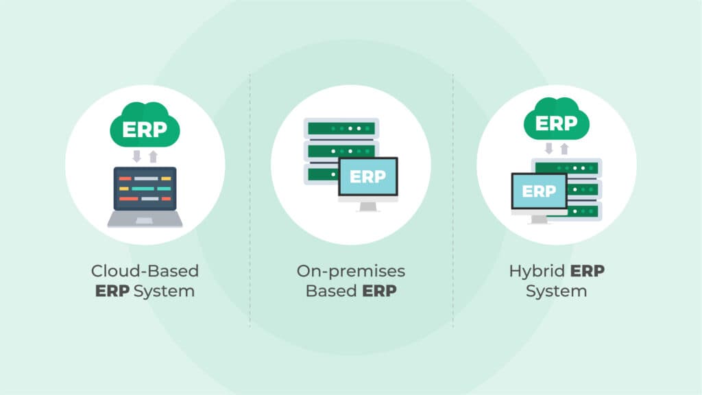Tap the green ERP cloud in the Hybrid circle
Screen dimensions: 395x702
pos(556,123)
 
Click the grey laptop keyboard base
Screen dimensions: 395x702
pos(145,219)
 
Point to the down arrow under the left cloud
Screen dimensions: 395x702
pos(136,156)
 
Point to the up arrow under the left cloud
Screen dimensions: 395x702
pos(153,156)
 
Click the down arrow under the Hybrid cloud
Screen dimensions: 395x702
pos(548,149)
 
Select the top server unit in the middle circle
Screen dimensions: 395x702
pos(341,128)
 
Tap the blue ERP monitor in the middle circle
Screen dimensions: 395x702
pos(368,177)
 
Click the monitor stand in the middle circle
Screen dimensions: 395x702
pos(368,206)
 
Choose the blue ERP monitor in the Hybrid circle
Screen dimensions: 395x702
pos(539,191)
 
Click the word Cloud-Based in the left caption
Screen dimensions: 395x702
pos(145,271)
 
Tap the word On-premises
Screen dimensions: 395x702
pos(351,271)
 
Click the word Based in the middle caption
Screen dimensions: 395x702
pos(330,291)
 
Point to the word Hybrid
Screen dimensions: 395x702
pos(537,271)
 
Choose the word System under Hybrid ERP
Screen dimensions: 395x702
pos(556,291)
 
